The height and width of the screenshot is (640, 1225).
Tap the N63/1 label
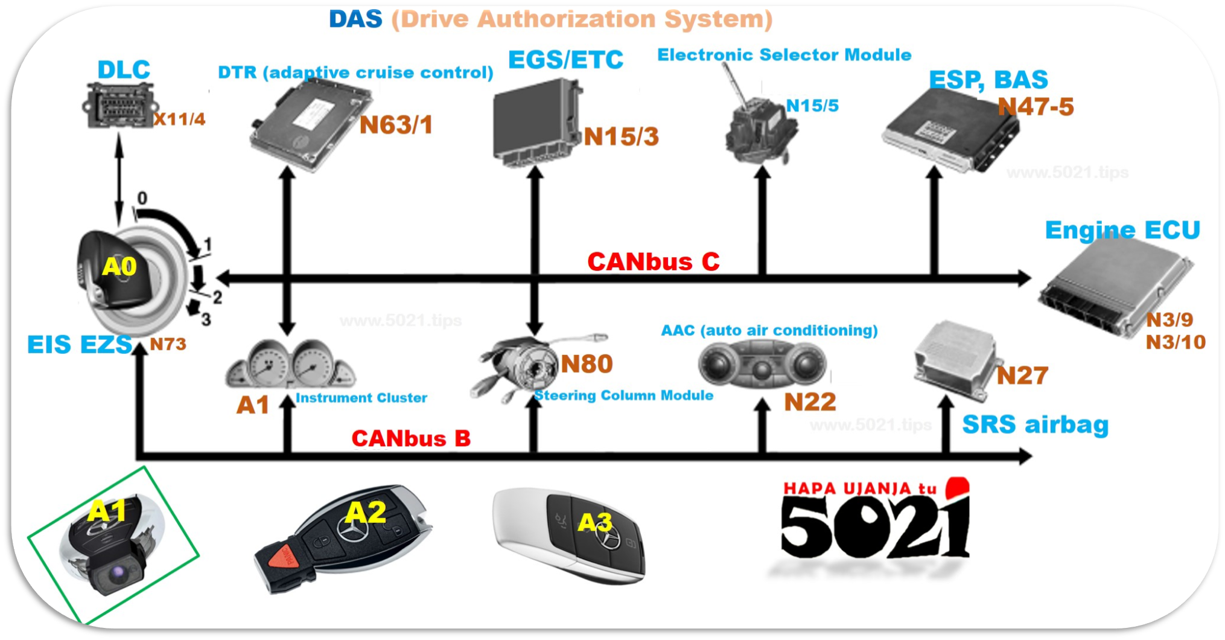[396, 125]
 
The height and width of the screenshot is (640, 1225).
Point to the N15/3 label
[621, 137]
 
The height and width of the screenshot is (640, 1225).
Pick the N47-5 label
[1036, 107]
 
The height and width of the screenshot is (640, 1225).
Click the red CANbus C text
[654, 262]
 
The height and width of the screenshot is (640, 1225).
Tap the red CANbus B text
[411, 438]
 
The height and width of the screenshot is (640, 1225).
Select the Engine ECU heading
[1122, 230]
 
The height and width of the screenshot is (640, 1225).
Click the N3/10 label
[1176, 342]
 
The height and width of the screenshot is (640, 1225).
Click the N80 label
[587, 364]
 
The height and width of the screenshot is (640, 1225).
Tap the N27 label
[1022, 376]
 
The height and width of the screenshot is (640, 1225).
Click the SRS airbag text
[1036, 424]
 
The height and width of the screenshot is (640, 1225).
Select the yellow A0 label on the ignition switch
[119, 266]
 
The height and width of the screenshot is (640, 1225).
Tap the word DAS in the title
[355, 19]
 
